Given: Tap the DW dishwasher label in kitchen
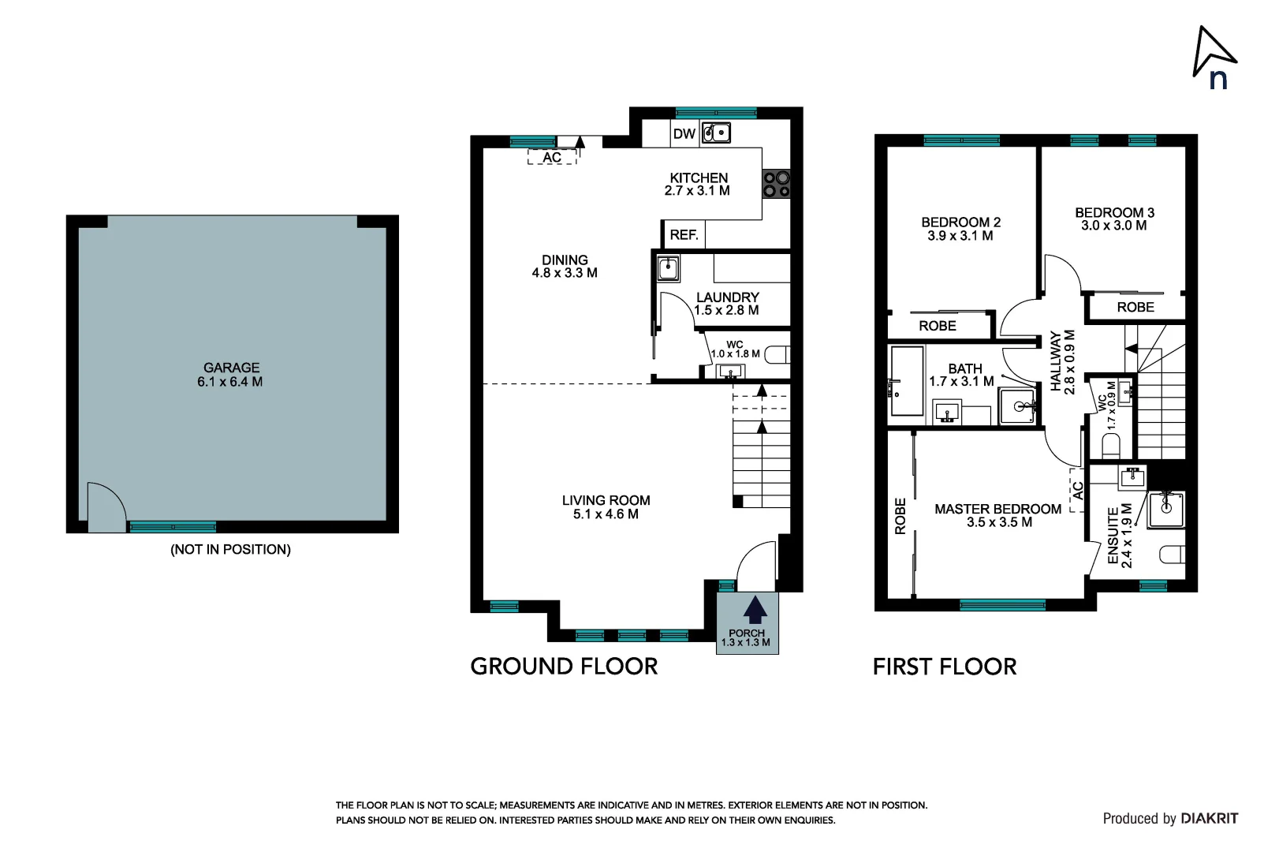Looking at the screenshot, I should [x=684, y=134].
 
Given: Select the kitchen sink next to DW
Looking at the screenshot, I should [x=716, y=133].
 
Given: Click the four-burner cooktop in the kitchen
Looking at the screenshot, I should [x=776, y=185].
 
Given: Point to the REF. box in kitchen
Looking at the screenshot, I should [x=684, y=235].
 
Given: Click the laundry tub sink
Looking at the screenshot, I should [x=668, y=269].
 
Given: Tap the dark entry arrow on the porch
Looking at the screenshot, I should [x=755, y=611].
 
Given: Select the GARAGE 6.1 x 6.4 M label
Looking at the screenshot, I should [x=231, y=375].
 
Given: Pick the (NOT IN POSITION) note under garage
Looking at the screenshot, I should [x=230, y=549].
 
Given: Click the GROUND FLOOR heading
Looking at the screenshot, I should [x=564, y=667].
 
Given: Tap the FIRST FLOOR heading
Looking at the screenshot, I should [x=945, y=667].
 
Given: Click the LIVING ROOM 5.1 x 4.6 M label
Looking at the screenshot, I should [x=606, y=507].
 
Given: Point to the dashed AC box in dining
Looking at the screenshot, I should [x=552, y=157].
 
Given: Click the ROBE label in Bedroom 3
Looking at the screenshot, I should [x=1135, y=308].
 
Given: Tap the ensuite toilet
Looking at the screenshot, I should [x=1171, y=555].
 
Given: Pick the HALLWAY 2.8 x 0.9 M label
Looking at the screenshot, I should [x=1063, y=362].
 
